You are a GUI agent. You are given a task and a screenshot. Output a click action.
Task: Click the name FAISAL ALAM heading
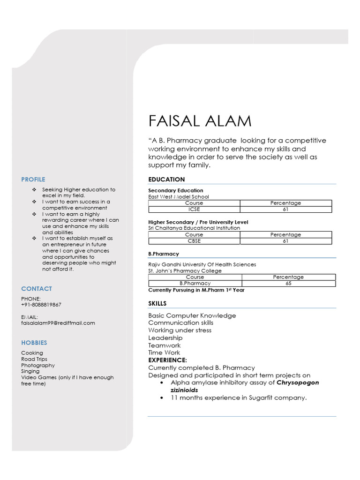pos(200,121)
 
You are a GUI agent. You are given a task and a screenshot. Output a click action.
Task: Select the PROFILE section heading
pos(33,179)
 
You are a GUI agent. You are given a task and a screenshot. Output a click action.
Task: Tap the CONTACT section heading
pos(37,289)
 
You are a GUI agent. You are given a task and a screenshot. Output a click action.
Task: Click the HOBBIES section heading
pos(34,343)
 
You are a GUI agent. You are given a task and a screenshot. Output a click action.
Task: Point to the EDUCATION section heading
pos(166,180)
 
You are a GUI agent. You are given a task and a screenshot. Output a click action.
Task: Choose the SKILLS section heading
pos(157,304)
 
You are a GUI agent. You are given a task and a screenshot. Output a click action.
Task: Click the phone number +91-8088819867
pos(41,305)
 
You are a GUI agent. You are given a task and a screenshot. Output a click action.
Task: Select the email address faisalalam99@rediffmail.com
pos(58,323)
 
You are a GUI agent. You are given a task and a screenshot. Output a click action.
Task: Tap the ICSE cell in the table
pos(194,210)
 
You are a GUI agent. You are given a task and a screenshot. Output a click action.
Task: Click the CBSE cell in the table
pos(194,241)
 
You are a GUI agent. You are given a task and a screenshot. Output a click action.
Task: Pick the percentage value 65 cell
pos(288,284)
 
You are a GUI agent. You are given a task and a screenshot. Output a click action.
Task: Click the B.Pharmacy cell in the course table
pos(195,284)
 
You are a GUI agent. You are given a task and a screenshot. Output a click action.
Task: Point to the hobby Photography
pos(38,365)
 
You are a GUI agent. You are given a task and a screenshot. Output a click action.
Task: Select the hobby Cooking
pos(32,353)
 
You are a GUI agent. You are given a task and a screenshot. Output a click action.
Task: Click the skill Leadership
pos(165,338)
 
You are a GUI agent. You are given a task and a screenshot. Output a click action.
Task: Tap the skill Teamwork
pos(165,345)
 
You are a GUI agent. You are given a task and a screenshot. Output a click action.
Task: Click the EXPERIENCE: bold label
pos(168,360)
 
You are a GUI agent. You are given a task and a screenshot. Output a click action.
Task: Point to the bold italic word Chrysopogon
pos(298,382)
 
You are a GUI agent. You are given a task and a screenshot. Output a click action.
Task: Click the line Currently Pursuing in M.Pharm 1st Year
pos(196,290)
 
